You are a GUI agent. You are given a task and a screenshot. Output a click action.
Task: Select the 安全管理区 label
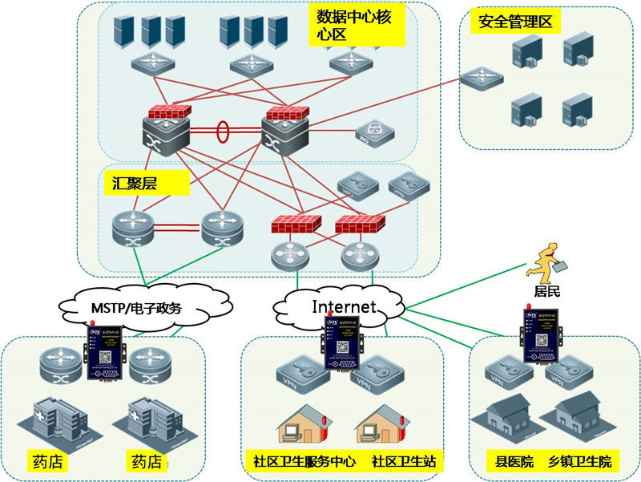pos(516,21)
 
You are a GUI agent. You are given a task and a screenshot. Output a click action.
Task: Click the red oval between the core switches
pos(223,130)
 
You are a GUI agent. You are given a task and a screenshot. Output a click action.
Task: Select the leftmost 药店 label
pos(46,463)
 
